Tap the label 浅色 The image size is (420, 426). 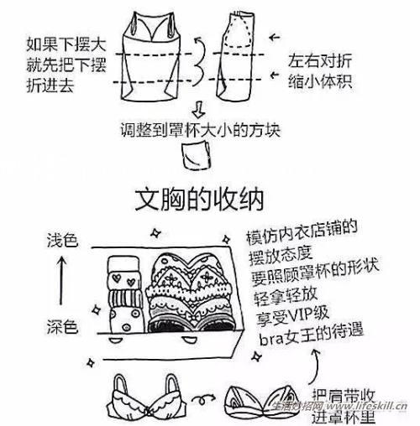(61, 242)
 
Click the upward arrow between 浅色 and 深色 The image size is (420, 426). (60, 283)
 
